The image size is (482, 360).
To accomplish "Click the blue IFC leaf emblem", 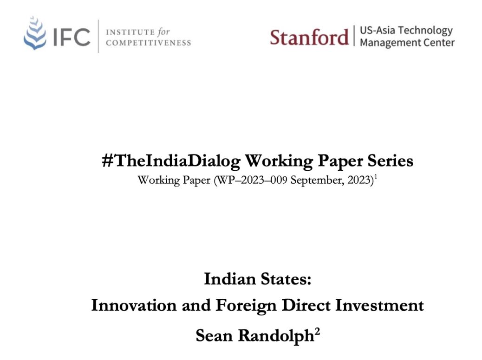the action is [35, 33].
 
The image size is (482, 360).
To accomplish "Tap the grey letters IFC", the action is [72, 37].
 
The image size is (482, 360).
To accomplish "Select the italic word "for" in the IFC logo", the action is [164, 32].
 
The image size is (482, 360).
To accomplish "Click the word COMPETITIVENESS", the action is [149, 43].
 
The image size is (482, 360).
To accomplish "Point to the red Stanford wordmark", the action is [309, 38].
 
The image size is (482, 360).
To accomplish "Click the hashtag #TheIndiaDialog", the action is [171, 161].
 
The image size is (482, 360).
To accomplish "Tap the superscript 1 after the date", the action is [376, 177].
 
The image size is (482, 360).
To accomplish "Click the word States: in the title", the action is [286, 279].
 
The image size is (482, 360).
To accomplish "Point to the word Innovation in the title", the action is [134, 305].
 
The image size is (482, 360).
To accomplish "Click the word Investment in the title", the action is [379, 305].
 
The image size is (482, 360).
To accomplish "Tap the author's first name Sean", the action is [214, 335].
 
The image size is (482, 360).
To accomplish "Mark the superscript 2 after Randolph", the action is [317, 332].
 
